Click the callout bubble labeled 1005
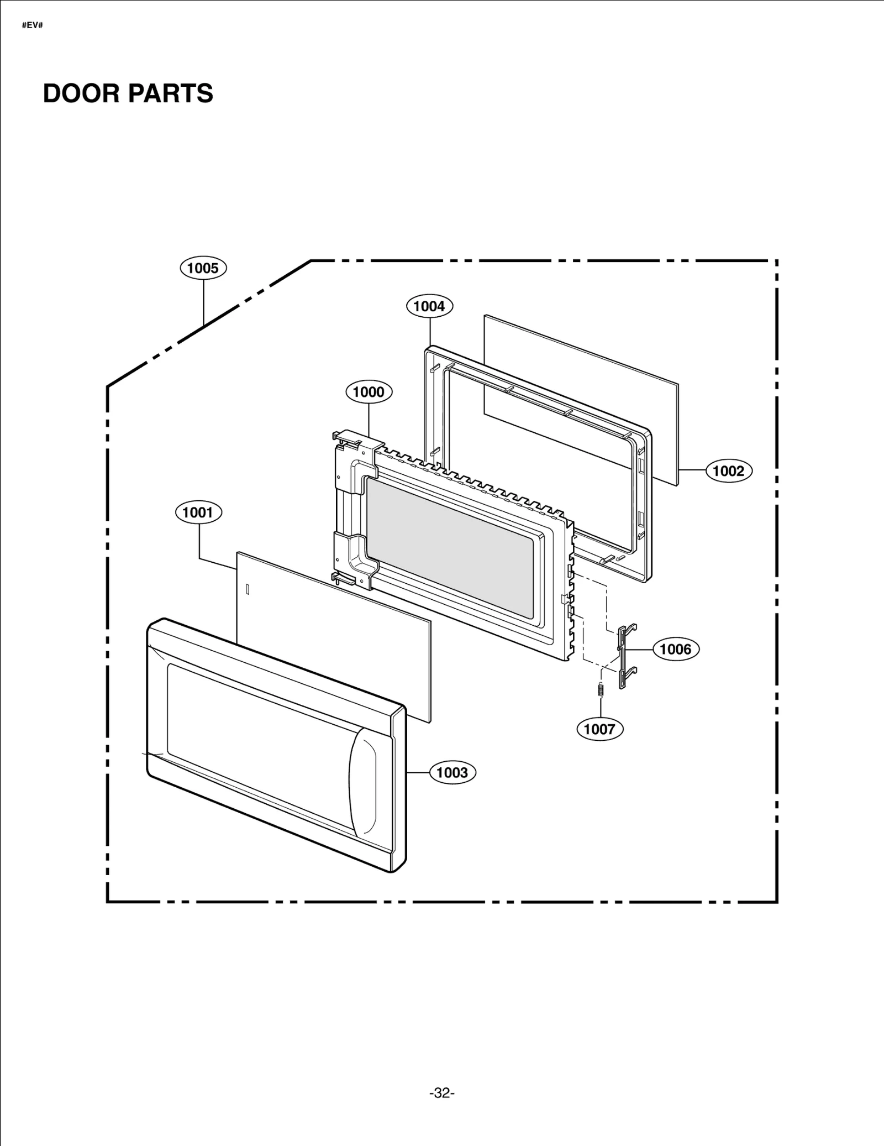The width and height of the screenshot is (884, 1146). click(203, 268)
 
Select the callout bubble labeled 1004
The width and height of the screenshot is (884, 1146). click(429, 306)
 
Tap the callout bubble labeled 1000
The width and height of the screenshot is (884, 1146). click(369, 392)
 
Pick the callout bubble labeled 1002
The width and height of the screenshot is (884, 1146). click(729, 471)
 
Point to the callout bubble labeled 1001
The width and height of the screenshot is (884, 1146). click(198, 512)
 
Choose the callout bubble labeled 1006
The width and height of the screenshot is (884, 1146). click(676, 649)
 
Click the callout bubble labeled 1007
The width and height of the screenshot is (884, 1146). click(599, 729)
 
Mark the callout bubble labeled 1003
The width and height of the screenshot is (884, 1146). click(452, 772)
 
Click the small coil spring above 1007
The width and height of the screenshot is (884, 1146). click(601, 690)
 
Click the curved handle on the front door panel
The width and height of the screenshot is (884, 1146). click(363, 781)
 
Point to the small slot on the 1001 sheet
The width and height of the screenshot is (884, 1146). click(248, 589)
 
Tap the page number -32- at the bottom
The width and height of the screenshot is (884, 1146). click(441, 1093)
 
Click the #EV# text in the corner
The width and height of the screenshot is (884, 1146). click(32, 26)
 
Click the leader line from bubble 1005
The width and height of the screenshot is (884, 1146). click(203, 301)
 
